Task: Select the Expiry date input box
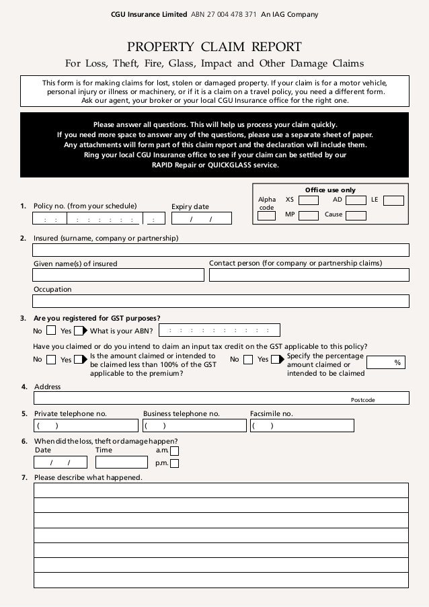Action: [x=202, y=218]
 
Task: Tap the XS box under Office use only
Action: [x=309, y=200]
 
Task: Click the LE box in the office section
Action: [x=394, y=200]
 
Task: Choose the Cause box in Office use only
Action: [x=356, y=216]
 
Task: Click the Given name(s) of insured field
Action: [x=118, y=275]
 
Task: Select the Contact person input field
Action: [x=309, y=275]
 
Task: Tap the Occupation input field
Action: [x=221, y=301]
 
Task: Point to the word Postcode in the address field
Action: [x=363, y=400]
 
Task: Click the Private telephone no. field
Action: [x=86, y=426]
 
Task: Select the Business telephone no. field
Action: [x=194, y=426]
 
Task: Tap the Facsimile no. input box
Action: [x=299, y=426]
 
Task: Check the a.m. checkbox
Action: [x=175, y=451]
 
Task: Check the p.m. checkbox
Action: [x=175, y=463]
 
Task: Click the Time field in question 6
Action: [x=121, y=462]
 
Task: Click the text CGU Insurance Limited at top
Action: [x=140, y=15]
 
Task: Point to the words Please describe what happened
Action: [x=88, y=478]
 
